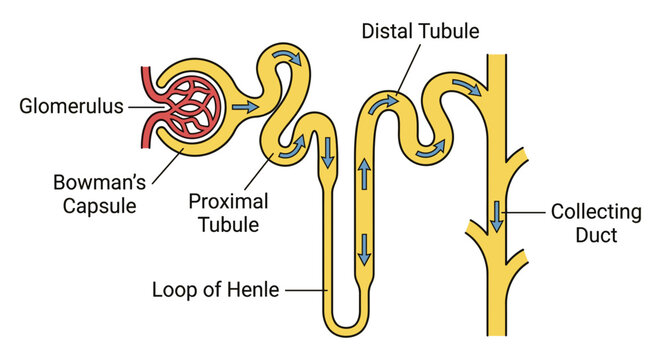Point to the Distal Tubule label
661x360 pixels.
[421, 31]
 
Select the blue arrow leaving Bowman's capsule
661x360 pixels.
[242, 104]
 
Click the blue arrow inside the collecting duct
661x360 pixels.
[496, 215]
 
